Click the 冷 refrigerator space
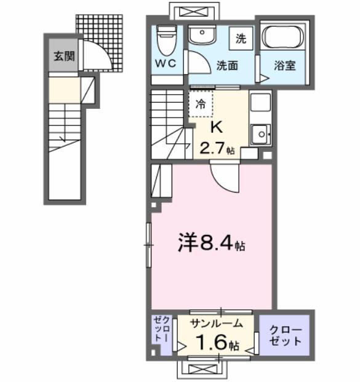coord(201,104)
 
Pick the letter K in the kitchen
coord(217,127)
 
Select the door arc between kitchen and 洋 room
coord(223,178)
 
